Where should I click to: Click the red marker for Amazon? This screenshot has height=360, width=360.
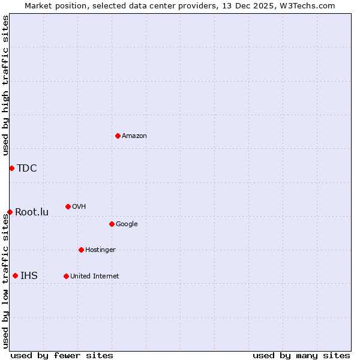tap(118, 136)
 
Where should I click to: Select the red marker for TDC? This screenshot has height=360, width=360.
tap(11, 168)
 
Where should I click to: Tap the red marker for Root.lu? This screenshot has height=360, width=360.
tap(10, 212)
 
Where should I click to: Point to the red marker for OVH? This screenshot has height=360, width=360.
tap(68, 206)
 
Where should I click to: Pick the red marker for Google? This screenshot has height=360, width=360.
tap(112, 224)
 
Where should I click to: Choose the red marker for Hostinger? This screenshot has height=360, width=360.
tap(81, 250)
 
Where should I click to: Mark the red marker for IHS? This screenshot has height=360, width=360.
tap(15, 276)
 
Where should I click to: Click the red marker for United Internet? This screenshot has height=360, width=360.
tap(66, 276)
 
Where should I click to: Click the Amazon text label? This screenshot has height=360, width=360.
tap(134, 136)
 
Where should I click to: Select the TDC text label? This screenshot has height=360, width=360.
tap(27, 168)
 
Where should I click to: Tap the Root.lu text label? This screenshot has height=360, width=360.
tap(32, 212)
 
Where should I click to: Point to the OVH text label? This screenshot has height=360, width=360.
tap(79, 207)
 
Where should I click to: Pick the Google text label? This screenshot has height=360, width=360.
tap(127, 224)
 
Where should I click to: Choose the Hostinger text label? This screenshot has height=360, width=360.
tap(100, 250)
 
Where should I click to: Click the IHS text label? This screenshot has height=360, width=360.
tap(29, 276)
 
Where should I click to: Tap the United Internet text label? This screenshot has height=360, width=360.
tap(94, 277)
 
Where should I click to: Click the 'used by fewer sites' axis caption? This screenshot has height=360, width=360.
tap(62, 355)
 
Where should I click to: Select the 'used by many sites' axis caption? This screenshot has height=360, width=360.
tap(301, 355)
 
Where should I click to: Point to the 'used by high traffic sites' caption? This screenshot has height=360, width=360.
tap(5, 85)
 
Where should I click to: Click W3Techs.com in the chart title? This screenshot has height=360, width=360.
tap(304, 5)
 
